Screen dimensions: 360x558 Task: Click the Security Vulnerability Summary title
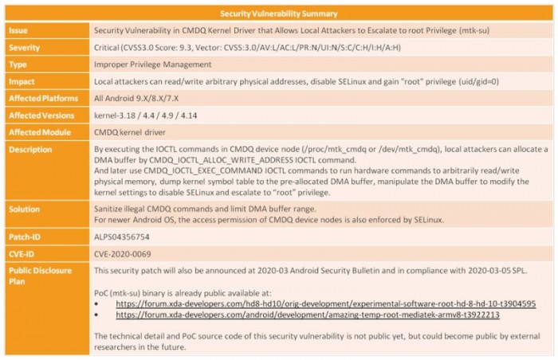278,14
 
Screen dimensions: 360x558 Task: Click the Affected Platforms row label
43,99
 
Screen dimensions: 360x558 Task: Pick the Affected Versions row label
41,115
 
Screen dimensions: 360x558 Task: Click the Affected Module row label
39,132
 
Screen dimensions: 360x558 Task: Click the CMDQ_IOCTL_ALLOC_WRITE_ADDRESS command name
219,159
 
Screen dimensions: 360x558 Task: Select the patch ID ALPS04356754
121,237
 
